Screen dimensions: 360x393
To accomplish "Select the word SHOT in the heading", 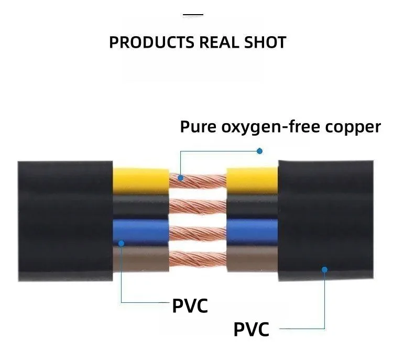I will click(x=265, y=42).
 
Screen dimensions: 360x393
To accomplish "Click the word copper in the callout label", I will click(x=352, y=127).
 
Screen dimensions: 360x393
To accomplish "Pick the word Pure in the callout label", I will click(x=197, y=127).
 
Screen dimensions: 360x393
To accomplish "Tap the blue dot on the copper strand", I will click(x=180, y=178).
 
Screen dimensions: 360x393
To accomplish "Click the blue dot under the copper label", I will click(x=259, y=151).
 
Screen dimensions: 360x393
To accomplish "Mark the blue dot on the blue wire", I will click(x=121, y=243).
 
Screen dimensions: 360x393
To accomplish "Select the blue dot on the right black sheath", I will click(x=324, y=269).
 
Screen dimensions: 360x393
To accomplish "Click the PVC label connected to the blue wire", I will click(x=190, y=305).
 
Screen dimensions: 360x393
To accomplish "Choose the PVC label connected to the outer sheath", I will click(x=251, y=330).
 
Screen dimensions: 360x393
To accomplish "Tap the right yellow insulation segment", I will click(x=252, y=180).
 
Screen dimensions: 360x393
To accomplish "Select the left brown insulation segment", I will click(x=140, y=257).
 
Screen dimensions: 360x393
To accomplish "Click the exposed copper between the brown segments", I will click(x=197, y=258).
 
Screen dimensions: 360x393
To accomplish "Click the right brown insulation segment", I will click(x=252, y=257).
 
